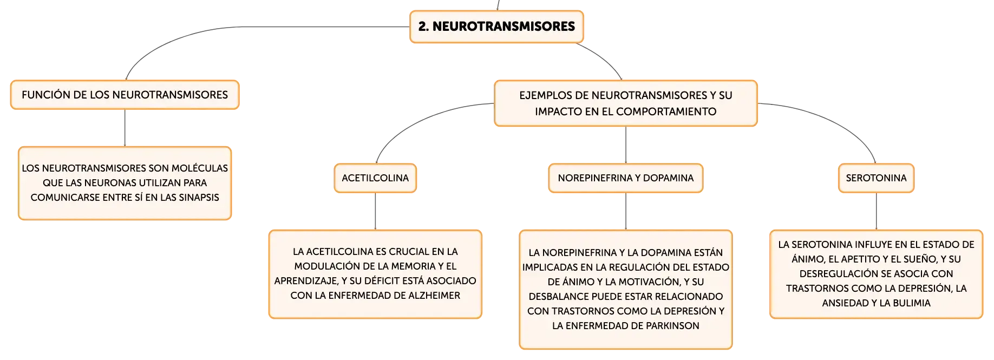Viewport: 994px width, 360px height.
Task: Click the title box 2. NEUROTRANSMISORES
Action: point(496,27)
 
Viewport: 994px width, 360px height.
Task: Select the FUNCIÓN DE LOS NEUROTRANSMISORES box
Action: point(125,95)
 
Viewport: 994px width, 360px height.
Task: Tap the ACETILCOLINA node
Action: point(375,178)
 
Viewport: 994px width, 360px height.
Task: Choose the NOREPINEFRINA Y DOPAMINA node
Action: point(626,178)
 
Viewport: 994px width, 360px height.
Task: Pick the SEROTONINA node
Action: point(876,178)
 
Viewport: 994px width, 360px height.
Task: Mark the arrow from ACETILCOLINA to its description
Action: point(375,211)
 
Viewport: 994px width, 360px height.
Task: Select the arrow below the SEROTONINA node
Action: point(876,211)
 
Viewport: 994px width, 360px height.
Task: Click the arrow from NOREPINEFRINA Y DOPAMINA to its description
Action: point(626,211)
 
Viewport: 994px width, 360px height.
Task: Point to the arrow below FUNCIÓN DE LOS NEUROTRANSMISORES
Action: point(125,128)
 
